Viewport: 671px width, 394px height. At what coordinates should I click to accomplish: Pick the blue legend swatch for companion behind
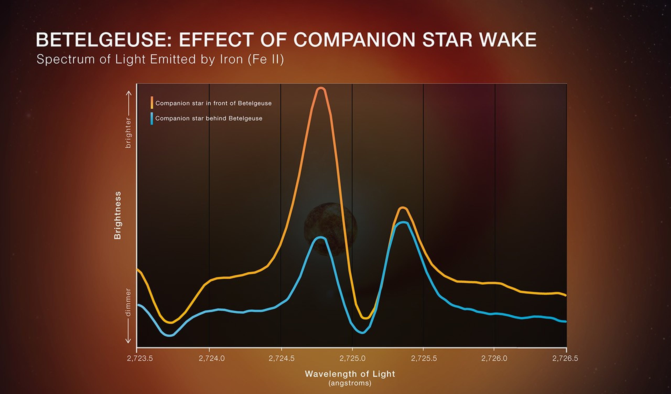pos(152,118)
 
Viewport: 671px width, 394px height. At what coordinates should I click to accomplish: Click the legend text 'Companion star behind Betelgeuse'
pos(209,118)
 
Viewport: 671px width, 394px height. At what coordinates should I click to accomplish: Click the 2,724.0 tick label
pos(212,358)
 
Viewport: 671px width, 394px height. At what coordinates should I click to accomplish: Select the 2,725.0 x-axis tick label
pos(352,358)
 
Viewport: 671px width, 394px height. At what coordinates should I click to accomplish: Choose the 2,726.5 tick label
pos(565,358)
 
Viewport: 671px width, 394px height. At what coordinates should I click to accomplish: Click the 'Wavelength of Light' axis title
pos(350,374)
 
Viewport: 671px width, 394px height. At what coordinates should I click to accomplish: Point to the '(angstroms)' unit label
pos(350,383)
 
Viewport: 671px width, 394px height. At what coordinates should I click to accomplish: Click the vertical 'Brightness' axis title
pos(117,215)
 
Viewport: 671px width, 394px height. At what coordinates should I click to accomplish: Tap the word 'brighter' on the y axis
pos(128,132)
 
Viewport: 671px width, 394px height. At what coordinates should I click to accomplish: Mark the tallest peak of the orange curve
pos(321,89)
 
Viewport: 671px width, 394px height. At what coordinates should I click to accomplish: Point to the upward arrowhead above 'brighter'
pos(129,93)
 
